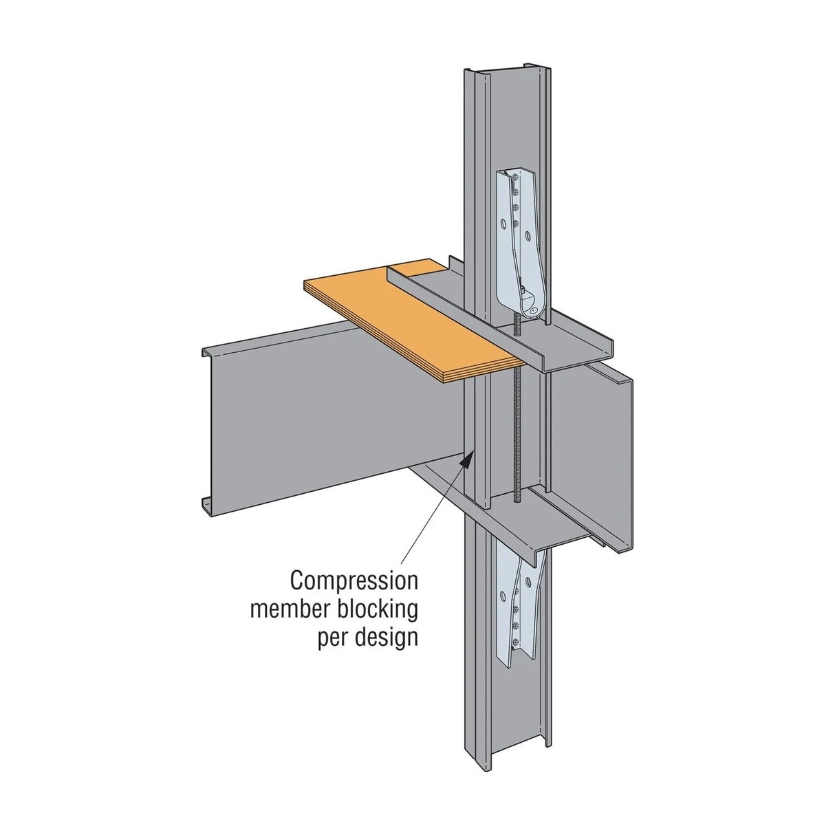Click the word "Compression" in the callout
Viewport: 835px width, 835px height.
pyautogui.click(x=354, y=581)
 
